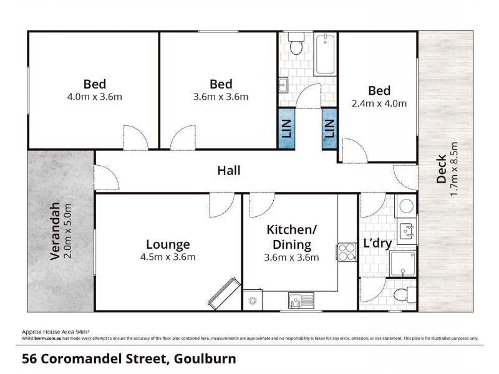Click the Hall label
click(x=229, y=170)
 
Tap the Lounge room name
click(x=168, y=244)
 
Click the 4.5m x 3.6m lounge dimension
click(x=168, y=257)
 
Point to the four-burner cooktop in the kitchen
click(x=345, y=251)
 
